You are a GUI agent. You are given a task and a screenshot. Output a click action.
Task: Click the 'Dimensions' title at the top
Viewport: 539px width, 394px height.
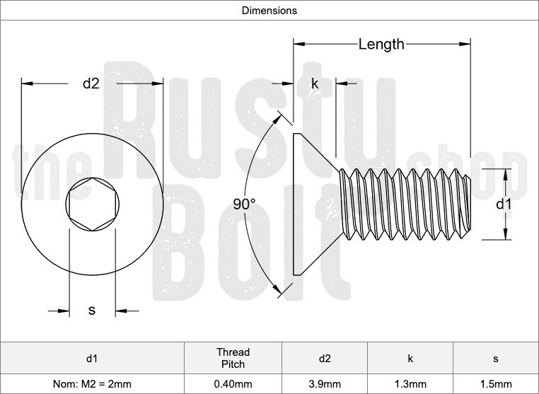269,11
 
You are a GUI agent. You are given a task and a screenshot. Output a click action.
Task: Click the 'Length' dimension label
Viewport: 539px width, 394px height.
381,45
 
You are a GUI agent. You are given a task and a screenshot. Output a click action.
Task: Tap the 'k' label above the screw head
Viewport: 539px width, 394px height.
315,83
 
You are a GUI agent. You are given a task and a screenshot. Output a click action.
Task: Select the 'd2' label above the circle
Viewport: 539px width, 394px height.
91,83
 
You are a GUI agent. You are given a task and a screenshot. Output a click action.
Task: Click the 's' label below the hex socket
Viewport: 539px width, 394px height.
91,310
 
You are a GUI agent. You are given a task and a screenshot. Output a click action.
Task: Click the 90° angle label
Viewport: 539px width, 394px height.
244,204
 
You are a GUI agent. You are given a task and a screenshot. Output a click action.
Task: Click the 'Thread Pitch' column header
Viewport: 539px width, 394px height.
233,358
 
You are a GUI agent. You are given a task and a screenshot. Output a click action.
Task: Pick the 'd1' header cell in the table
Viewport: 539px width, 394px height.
92,358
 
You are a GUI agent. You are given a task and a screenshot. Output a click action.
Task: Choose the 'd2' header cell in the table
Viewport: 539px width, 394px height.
325,358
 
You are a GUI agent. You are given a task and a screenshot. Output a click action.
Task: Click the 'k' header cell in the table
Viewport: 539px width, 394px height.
410,358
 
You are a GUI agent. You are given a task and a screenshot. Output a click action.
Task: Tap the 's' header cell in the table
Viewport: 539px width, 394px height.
495,358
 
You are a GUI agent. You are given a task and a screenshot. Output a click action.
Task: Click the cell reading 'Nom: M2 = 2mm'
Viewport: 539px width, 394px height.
92,384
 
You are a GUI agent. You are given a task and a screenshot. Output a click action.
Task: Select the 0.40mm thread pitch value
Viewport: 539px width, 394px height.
233,384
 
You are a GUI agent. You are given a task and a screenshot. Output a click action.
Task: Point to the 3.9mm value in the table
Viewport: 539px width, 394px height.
325,384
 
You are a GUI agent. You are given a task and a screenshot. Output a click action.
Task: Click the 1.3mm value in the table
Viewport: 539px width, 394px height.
410,384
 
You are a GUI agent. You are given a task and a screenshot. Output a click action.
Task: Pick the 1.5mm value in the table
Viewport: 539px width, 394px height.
495,384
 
